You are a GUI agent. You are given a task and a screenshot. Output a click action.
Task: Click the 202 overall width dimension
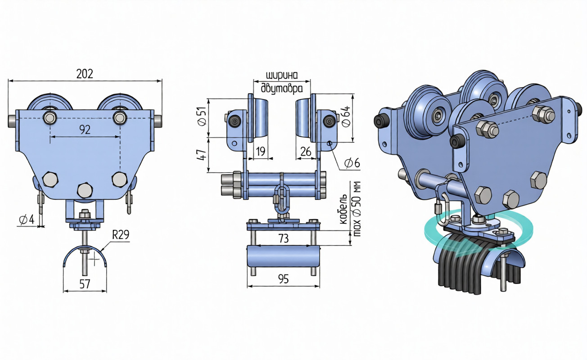point(85,74)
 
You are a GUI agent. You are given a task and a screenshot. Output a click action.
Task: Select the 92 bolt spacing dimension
point(85,130)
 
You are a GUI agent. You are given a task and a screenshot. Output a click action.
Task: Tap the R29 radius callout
point(121,235)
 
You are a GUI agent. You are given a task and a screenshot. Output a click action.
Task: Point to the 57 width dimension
point(85,284)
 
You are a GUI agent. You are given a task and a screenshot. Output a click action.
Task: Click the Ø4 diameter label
point(27,220)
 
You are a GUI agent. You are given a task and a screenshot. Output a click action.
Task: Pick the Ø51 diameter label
point(202,117)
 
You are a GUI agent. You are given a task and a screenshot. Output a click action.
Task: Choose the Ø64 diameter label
point(346,116)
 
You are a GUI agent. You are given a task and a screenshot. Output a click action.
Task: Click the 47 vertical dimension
point(202,155)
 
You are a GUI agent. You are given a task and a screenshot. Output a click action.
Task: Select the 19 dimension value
point(261,152)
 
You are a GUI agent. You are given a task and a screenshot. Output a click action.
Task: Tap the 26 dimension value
point(306,152)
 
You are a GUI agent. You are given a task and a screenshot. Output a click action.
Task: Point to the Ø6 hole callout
point(352,163)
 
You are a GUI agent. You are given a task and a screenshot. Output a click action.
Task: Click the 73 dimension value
point(283,238)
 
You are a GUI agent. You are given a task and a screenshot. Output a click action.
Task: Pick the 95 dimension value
point(283,279)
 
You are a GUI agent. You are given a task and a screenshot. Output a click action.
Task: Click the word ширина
point(282,75)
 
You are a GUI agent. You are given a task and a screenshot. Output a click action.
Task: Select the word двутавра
point(282,88)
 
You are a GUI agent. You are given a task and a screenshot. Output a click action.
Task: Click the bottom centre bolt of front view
point(85,190)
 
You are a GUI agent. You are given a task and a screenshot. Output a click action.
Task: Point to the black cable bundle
point(477,265)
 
